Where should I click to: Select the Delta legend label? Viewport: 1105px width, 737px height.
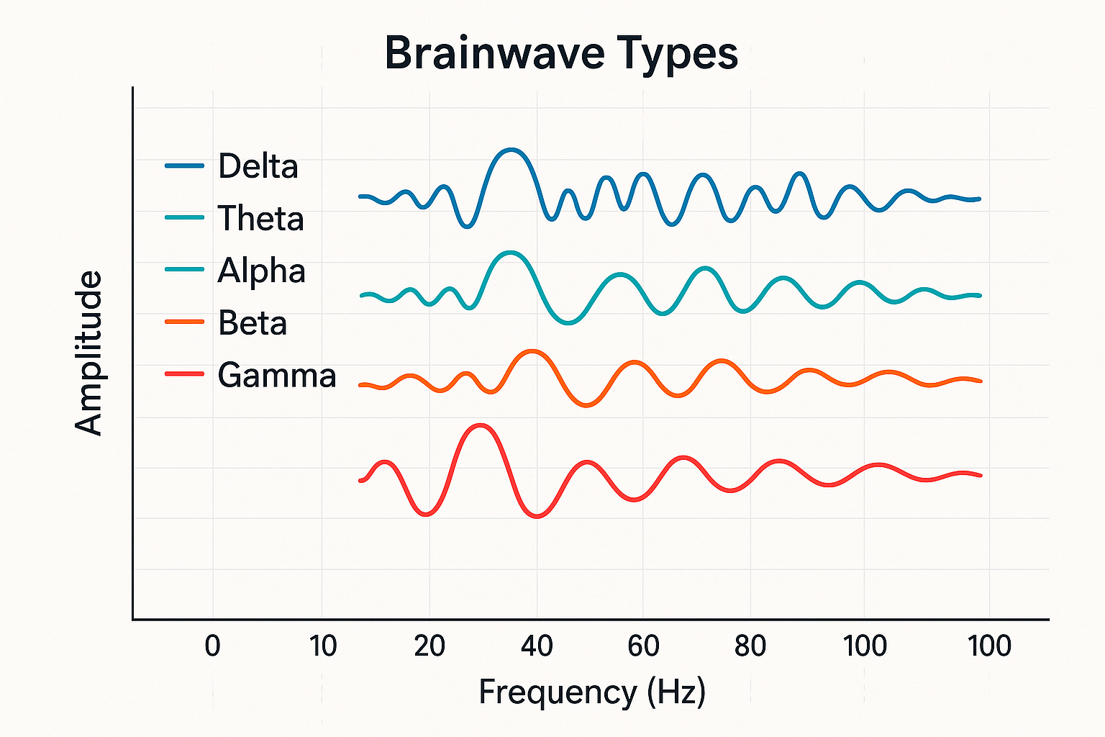(x=258, y=166)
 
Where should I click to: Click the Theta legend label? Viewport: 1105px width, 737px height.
(x=260, y=219)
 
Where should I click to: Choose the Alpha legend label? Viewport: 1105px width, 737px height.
(x=261, y=271)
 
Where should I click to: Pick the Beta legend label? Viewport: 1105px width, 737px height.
(x=253, y=323)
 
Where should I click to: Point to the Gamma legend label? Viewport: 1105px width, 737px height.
(x=276, y=375)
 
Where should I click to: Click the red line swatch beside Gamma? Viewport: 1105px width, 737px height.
(x=184, y=374)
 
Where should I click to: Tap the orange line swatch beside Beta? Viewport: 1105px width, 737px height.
(x=184, y=322)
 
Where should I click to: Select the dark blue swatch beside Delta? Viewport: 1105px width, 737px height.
(x=184, y=166)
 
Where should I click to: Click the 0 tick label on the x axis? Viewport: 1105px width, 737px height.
(x=212, y=646)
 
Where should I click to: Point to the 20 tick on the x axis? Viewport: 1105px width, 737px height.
(x=429, y=646)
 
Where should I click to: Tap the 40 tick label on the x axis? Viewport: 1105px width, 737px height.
(x=537, y=646)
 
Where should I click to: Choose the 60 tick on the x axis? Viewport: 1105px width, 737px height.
(x=643, y=646)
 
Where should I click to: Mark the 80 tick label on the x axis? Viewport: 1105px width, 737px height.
(x=750, y=646)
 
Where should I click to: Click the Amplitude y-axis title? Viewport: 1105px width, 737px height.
(x=89, y=353)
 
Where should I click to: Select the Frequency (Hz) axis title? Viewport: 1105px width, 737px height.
(x=592, y=692)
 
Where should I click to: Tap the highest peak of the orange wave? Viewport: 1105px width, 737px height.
(x=532, y=351)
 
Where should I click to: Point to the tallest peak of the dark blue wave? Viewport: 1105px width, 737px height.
(x=511, y=150)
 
